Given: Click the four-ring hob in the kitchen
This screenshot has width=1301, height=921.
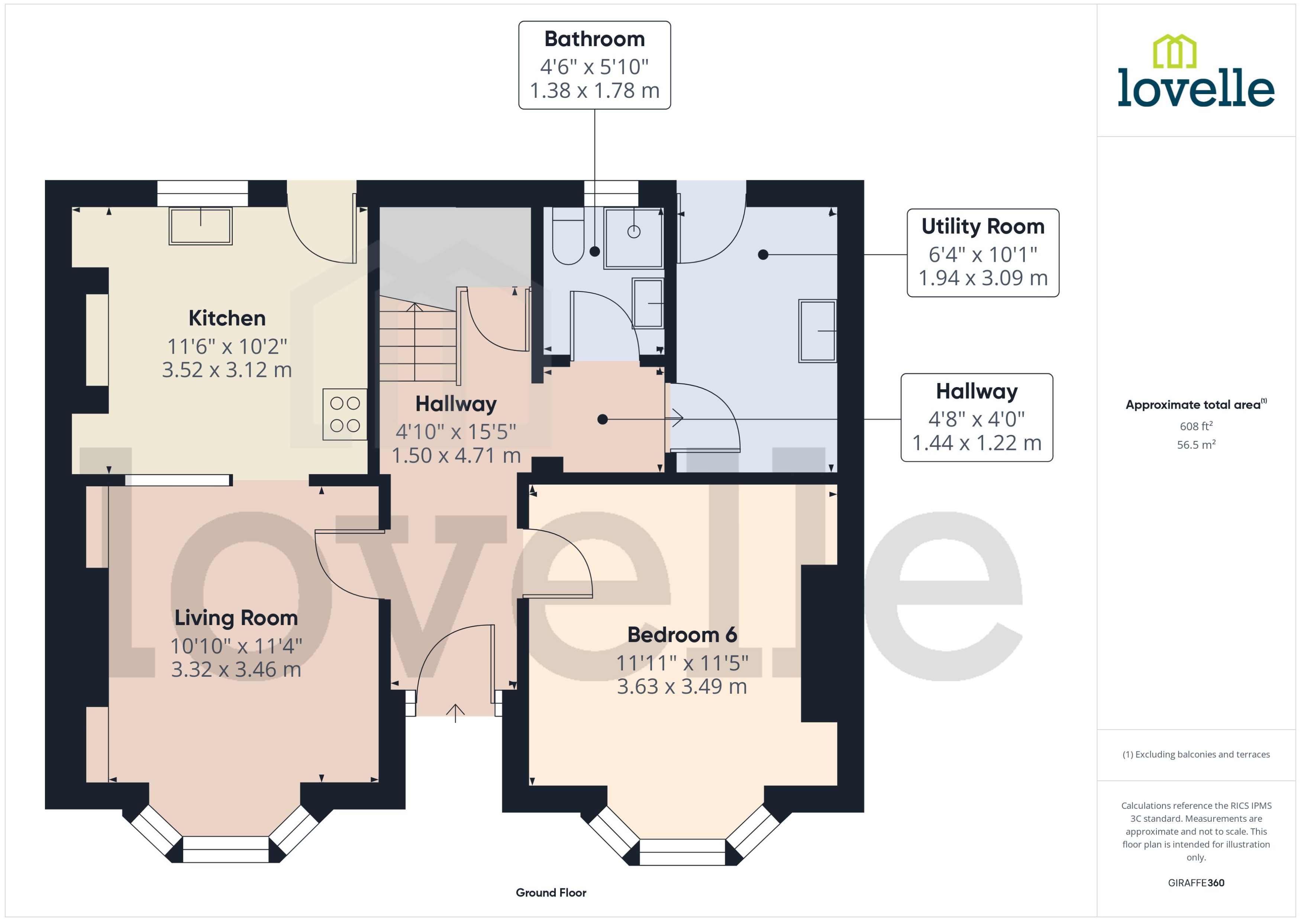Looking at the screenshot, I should (x=345, y=414).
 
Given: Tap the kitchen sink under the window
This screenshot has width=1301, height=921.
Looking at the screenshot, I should (x=200, y=226).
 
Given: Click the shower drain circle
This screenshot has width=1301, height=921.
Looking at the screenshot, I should (x=634, y=231).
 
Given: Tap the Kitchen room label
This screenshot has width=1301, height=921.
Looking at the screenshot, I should (x=227, y=318).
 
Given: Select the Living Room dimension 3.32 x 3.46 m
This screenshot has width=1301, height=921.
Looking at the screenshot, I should (x=236, y=670).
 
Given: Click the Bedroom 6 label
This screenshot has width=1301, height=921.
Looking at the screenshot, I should (x=682, y=635).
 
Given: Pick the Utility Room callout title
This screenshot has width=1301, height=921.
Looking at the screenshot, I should (x=982, y=226).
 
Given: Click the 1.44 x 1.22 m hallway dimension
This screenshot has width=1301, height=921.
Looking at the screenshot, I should (x=976, y=443).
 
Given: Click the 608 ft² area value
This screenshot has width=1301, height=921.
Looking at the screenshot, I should (x=1195, y=426).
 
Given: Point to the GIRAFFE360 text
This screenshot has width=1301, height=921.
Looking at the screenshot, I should (x=1195, y=882).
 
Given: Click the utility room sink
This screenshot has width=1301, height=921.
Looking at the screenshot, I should (x=817, y=331).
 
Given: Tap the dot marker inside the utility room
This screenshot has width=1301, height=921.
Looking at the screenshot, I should (x=763, y=255).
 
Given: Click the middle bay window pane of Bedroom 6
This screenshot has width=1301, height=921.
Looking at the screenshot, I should (x=682, y=852).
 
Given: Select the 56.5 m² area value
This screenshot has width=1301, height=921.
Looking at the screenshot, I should (x=1195, y=445).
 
